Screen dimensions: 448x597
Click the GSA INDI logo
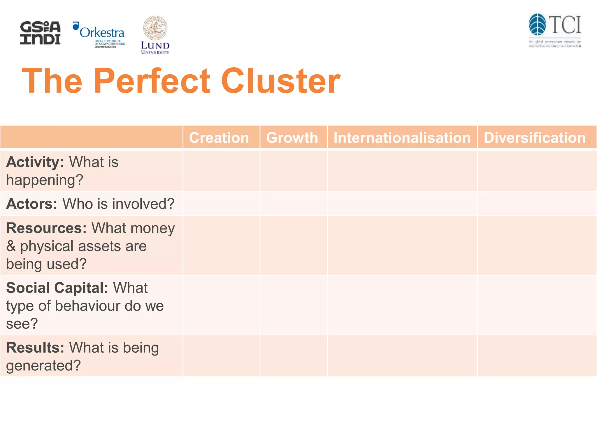pos(40,33)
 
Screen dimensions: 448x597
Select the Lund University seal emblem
pos(155,28)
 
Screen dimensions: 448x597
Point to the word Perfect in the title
pos(152,81)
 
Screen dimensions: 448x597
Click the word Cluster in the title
pos(280,81)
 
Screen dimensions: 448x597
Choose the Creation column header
pos(219,137)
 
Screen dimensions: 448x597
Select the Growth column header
pos(292,137)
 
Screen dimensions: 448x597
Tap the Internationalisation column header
pos(402,137)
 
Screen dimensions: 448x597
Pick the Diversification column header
pos(535,137)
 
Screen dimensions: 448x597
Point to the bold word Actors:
pos(32,204)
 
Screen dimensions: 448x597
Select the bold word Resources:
pos(46,228)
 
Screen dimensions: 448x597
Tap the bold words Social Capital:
pos(57,288)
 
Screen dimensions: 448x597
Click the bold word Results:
pos(35,348)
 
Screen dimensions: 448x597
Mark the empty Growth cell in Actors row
pos(294,204)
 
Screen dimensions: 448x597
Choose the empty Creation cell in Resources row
pos(221,246)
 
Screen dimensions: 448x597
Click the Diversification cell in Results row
pos(537,356)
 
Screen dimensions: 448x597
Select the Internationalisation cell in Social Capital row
pos(402,305)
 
